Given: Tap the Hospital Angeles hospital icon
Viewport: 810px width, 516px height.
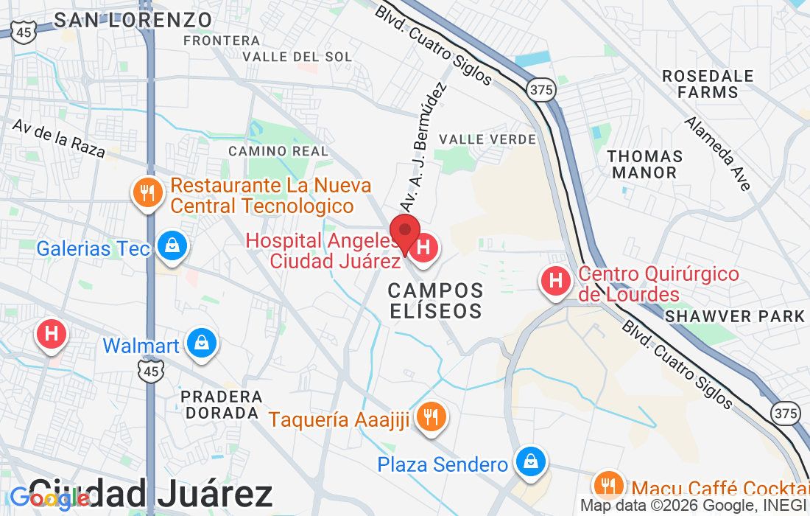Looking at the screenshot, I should click(x=423, y=247).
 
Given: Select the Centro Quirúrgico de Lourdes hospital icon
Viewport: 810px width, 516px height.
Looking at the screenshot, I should click(x=556, y=281).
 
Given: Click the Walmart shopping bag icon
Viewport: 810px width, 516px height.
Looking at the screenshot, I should click(x=200, y=343).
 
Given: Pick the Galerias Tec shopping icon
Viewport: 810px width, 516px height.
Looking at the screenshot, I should click(x=172, y=245).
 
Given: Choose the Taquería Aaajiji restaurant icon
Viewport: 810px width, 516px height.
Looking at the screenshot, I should click(x=431, y=417).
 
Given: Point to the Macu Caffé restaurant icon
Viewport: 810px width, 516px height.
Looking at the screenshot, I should click(x=607, y=485).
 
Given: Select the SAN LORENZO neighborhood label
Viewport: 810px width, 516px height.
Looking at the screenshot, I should click(x=133, y=19).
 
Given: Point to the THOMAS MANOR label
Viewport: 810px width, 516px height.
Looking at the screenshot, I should click(x=645, y=164).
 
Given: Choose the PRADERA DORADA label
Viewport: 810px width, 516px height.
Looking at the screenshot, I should click(x=222, y=405).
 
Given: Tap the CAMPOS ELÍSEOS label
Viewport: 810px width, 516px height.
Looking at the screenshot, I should click(x=436, y=300).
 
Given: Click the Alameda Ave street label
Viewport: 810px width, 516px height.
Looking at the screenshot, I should click(x=717, y=154).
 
